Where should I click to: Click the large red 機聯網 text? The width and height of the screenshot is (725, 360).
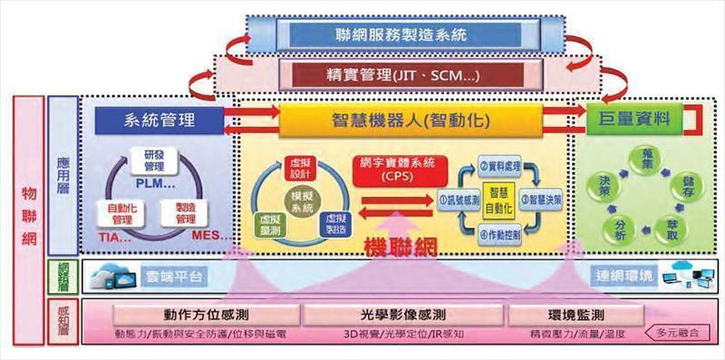pos(401,247)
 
